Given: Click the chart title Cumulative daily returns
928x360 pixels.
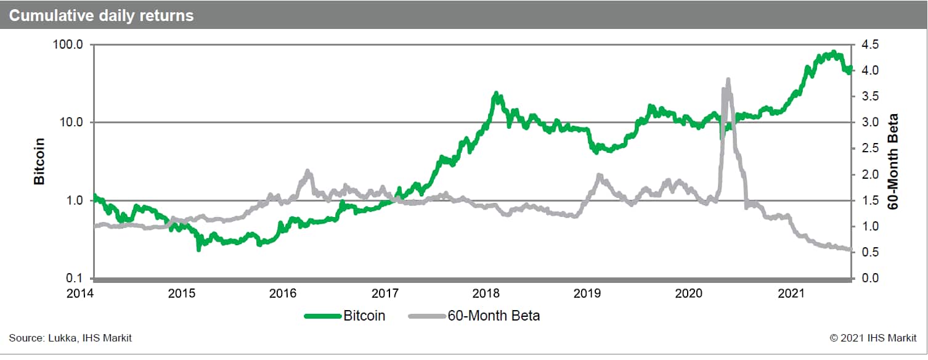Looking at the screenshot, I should coord(101,15).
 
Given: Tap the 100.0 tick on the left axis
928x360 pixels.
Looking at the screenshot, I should coord(68,45).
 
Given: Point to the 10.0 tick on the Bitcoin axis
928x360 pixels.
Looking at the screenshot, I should coord(71,123).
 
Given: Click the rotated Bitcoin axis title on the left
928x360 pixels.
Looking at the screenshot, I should coord(39,162).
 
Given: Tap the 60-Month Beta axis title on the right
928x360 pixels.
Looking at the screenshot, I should coord(893,162).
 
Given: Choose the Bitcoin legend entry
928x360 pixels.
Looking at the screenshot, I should coord(345,316).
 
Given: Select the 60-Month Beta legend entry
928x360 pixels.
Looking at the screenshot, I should coord(474,316).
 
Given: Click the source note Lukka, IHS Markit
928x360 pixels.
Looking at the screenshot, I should coord(70,338).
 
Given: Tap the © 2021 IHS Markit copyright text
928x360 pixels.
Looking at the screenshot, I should coord(874,338).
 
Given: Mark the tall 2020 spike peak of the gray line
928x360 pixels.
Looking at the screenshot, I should coord(728,80).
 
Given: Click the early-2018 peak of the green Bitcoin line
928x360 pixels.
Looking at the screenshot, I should coord(496,94).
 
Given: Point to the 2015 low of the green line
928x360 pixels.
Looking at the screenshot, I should coord(198,249).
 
